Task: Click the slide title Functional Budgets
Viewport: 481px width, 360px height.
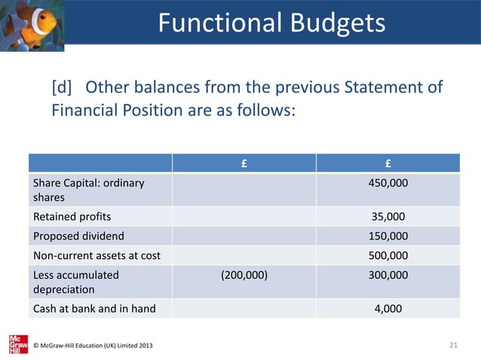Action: coord(271,23)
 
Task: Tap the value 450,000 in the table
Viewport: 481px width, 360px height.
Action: coord(388,183)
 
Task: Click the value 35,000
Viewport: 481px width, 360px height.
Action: coord(388,217)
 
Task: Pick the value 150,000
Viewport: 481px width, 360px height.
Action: coord(388,236)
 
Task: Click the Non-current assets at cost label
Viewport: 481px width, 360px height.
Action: coord(96,255)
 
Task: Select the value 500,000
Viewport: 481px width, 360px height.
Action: coord(388,255)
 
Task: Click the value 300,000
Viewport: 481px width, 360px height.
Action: coord(388,275)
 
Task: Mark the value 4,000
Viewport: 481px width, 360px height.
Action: coord(388,308)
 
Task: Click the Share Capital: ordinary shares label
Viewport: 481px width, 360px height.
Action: coord(88,190)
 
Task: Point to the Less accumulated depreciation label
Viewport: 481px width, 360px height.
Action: coord(75,282)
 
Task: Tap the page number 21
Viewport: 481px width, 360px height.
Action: coord(453,345)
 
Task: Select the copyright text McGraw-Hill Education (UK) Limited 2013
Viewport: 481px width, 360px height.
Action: coord(93,346)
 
